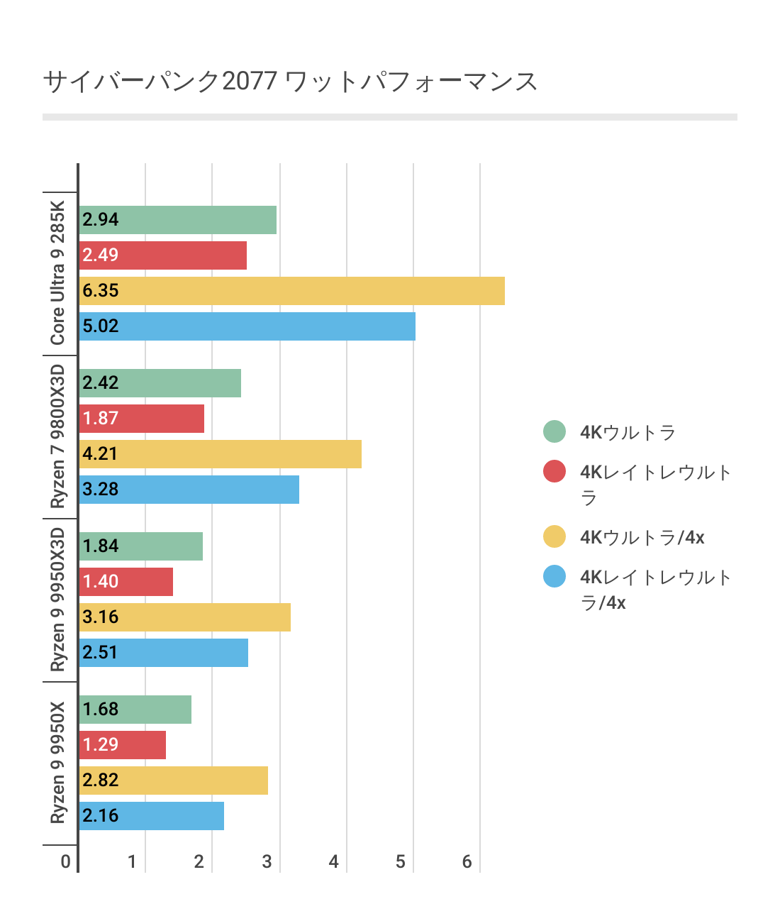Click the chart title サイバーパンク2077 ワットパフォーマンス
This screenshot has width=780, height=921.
click(290, 82)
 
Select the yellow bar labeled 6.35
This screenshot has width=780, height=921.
click(291, 291)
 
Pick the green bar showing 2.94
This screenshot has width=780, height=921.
click(177, 220)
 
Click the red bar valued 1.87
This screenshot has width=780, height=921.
click(141, 419)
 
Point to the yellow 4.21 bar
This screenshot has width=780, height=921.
click(220, 454)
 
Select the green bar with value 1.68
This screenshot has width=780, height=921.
click(135, 710)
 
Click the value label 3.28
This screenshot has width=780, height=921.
click(100, 490)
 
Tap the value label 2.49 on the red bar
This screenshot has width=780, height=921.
click(100, 255)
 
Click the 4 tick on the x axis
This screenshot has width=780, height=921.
click(333, 862)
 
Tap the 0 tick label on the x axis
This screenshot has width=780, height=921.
click(66, 862)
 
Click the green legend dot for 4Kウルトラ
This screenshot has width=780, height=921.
click(555, 431)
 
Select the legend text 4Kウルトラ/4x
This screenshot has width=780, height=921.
click(642, 537)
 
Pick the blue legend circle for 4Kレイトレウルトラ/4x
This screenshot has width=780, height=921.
click(555, 576)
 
